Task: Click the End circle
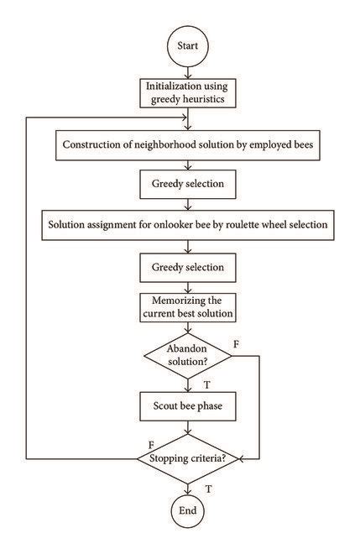coord(187,510)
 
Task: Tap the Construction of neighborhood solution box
coord(187,144)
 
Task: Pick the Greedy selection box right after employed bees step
coord(187,183)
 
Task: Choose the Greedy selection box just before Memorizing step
coord(187,267)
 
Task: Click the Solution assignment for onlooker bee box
coord(187,225)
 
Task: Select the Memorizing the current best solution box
coord(187,307)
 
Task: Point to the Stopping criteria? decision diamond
coord(187,458)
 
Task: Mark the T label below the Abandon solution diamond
coord(206,384)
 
